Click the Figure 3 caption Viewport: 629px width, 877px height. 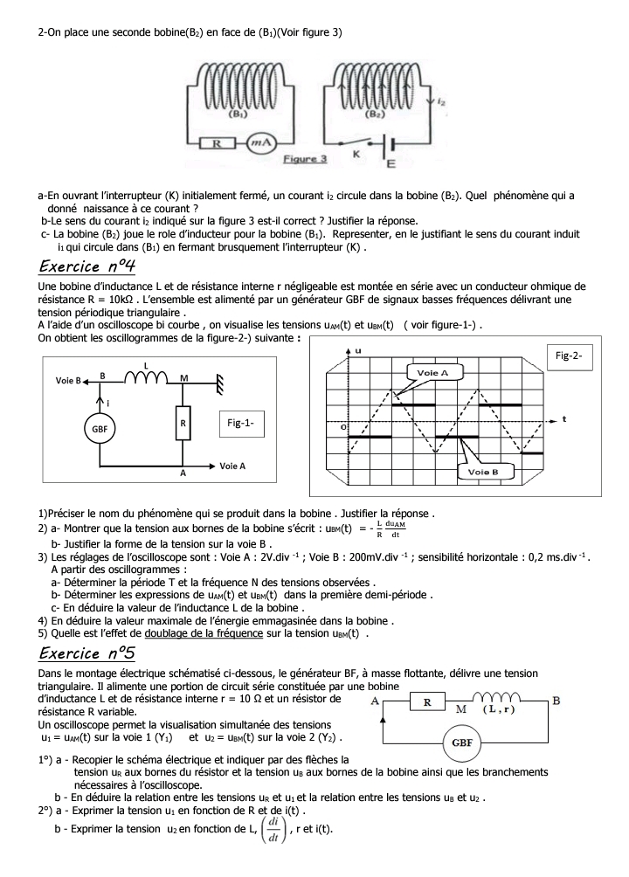pyautogui.click(x=305, y=159)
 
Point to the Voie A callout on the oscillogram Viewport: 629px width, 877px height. pyautogui.click(x=432, y=372)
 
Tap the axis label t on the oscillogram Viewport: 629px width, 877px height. pyautogui.click(x=564, y=418)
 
